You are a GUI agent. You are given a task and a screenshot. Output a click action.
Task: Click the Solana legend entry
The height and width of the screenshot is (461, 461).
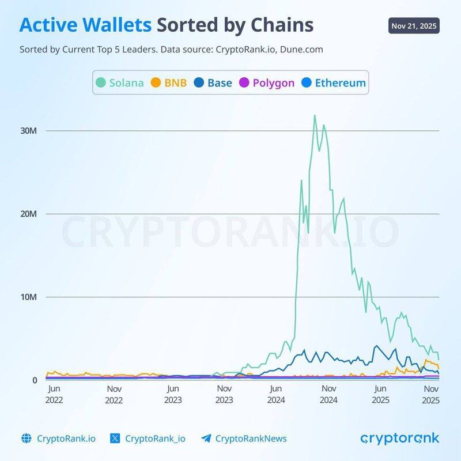pos(120,82)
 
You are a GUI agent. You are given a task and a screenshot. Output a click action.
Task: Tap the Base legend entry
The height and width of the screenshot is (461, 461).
pos(213,82)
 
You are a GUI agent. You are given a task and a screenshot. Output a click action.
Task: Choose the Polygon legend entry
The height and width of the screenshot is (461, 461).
pos(266,82)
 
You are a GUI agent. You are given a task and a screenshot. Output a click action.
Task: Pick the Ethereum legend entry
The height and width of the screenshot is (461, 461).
pos(334,82)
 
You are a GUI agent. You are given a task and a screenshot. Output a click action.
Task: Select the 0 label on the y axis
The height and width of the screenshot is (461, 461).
pos(35,380)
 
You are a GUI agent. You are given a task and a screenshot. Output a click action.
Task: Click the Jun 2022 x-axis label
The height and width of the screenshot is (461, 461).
pos(54,395)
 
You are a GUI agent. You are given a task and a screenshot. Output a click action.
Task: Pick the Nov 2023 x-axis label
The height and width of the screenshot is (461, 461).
pos(225,395)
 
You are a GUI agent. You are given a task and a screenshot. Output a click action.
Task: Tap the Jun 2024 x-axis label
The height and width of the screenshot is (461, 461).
pos(277,395)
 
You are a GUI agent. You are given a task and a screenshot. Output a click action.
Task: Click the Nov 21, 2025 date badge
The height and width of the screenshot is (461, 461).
pos(414,26)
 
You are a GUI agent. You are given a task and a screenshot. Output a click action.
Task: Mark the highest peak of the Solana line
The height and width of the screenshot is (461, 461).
pos(314,115)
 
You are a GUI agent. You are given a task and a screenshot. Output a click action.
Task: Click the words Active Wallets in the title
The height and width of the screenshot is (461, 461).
pos(86,25)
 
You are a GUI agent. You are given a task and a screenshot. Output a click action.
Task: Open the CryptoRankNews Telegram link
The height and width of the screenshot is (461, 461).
pos(251,439)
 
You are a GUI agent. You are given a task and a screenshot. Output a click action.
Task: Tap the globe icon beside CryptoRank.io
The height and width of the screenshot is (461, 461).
pos(25,439)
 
